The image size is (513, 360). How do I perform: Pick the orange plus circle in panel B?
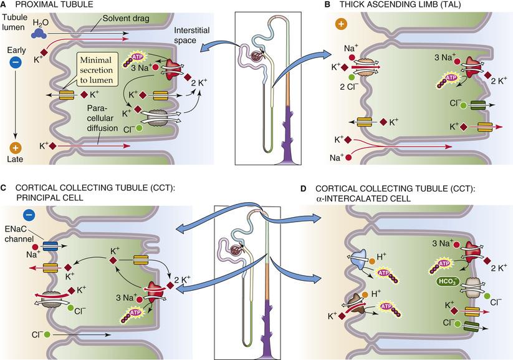340,25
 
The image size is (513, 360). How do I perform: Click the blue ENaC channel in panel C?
50,246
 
